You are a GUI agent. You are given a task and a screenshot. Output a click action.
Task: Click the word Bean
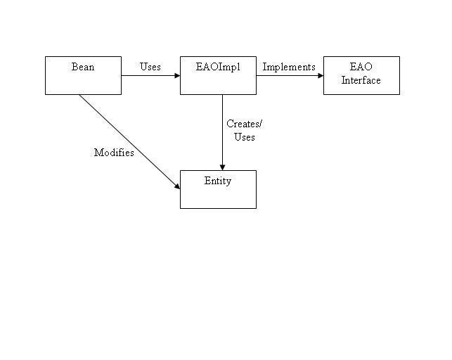83,67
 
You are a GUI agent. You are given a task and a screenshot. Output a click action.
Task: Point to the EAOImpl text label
218,67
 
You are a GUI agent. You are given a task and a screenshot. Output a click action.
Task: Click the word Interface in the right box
361,80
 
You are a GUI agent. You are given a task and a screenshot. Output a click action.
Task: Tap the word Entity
218,181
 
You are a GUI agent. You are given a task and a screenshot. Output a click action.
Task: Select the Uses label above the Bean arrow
150,67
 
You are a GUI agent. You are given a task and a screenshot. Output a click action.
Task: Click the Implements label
289,67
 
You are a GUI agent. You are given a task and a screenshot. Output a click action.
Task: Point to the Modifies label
114,153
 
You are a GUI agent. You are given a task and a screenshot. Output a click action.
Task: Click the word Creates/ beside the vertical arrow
244,124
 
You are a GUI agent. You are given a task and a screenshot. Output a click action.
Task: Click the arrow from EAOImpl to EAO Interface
288,75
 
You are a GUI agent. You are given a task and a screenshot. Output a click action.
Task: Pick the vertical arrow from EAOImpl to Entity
222,134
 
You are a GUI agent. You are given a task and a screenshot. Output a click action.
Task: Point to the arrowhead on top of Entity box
222,167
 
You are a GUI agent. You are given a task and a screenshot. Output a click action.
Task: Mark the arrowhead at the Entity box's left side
176,186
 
